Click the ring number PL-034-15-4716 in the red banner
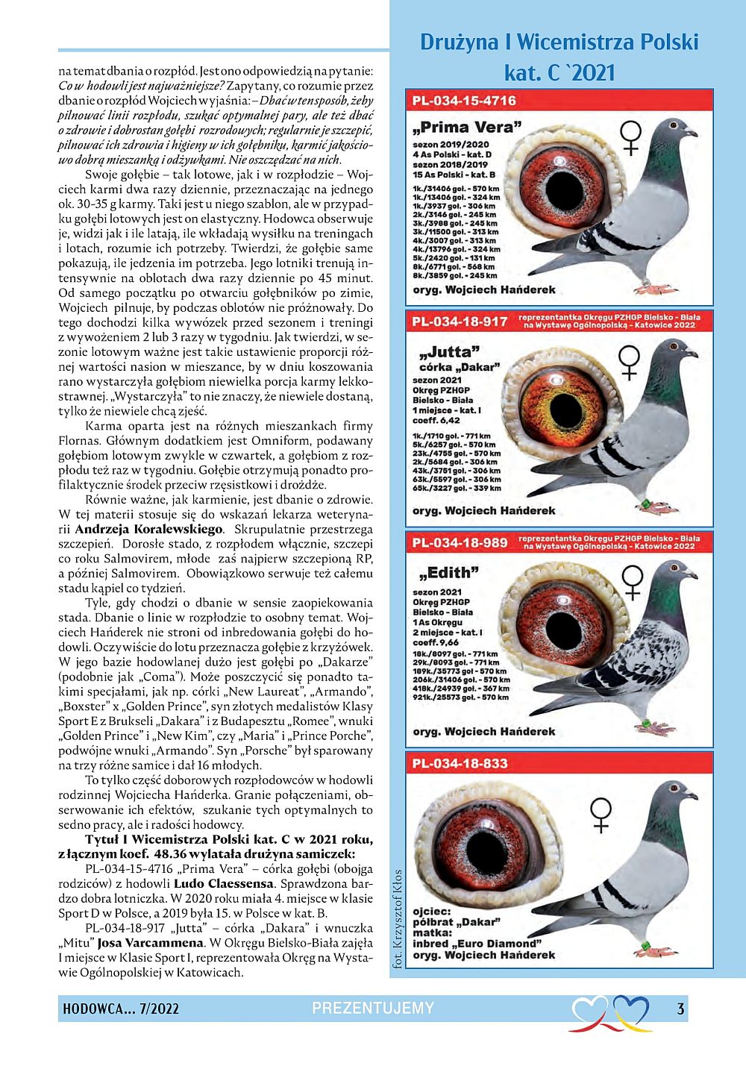(463, 101)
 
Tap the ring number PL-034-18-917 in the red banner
(460, 322)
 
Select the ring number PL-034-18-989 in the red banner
(460, 542)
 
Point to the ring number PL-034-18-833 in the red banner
(460, 763)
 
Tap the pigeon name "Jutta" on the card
(449, 351)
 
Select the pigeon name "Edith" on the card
(449, 573)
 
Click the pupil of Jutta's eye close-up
(564, 410)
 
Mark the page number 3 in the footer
(680, 1009)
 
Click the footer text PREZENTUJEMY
(373, 1009)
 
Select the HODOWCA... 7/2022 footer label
(121, 1009)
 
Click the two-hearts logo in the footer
(609, 1012)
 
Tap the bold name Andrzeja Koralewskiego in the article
(149, 529)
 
